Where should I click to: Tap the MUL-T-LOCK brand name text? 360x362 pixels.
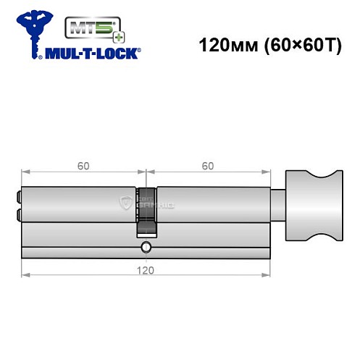[94, 52]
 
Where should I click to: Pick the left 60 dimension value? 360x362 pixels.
[83, 166]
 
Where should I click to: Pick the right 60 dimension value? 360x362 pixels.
[208, 166]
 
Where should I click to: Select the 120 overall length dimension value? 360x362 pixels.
[146, 269]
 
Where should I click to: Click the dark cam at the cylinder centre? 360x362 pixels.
[146, 211]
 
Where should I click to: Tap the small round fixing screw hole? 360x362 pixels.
[146, 248]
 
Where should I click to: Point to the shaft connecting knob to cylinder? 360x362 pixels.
[278, 205]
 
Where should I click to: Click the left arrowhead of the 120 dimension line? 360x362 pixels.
[25, 275]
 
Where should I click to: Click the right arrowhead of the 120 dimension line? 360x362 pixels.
[268, 275]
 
